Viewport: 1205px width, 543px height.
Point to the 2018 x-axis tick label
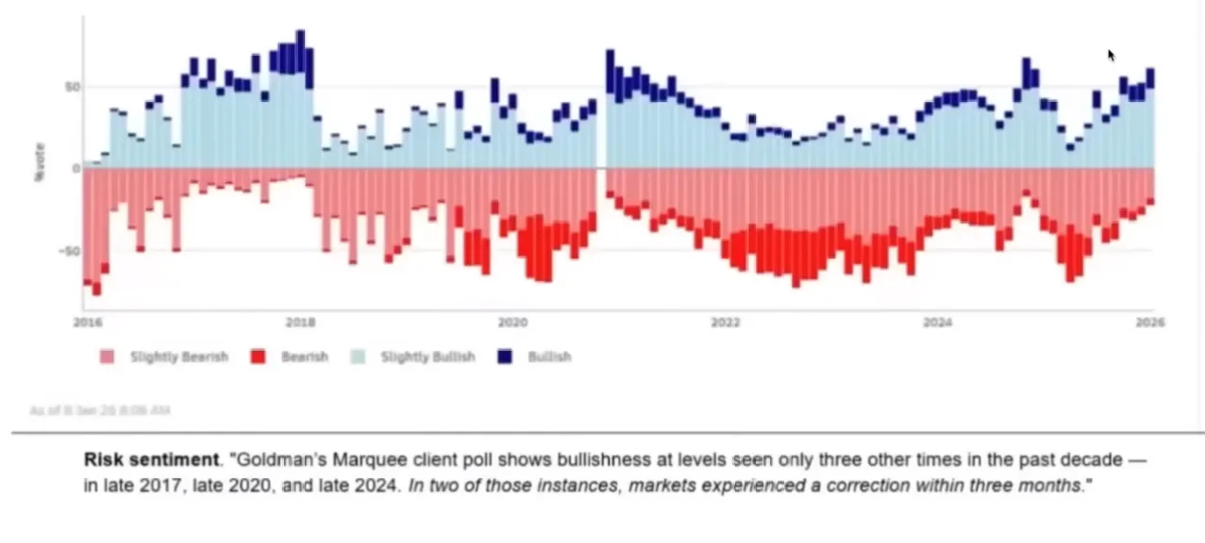coord(300,322)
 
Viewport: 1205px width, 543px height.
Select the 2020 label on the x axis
coord(512,322)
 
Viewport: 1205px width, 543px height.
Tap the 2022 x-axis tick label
coord(726,322)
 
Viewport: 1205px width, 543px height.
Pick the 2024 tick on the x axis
coord(938,322)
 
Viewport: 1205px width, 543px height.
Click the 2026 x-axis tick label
coord(1151,322)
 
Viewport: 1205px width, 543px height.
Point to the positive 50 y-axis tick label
coord(73,87)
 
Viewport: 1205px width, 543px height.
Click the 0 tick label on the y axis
coord(75,169)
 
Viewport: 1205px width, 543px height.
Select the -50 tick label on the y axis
coord(71,251)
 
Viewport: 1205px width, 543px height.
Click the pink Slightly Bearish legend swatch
coord(107,357)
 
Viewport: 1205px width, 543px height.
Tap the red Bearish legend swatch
coord(259,357)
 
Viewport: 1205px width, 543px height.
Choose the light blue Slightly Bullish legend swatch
coord(358,357)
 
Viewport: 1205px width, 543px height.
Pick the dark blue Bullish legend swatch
coord(506,357)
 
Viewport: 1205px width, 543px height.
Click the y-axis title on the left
coord(41,161)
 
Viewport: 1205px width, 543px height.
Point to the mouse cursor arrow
coord(1112,55)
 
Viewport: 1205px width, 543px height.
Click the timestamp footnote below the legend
coord(100,410)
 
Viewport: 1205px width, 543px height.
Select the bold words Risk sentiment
coord(151,461)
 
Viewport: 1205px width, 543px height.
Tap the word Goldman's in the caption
coord(272,461)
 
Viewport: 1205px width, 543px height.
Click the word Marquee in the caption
coord(348,461)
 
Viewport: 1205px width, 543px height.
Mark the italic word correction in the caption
coord(837,485)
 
